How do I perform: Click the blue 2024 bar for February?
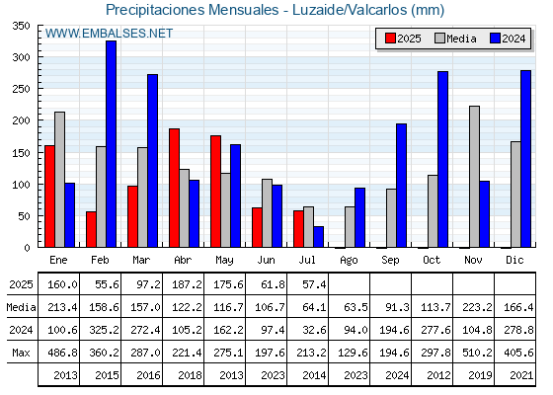pos(111,144)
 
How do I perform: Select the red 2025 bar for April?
pos(174,188)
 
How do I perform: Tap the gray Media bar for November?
pos(474,177)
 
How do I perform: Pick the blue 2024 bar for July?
pos(318,237)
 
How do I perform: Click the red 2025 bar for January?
pos(49,197)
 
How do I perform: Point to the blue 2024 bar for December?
pos(525,159)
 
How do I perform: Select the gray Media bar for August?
pos(350,227)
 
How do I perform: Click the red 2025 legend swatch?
pos(390,39)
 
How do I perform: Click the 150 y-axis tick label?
pos(21,153)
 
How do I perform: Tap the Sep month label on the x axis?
pos(390,261)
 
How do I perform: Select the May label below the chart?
pos(224,261)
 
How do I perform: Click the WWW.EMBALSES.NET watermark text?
pos(109,34)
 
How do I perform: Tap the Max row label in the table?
pos(21,353)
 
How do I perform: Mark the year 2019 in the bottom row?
pos(480,375)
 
